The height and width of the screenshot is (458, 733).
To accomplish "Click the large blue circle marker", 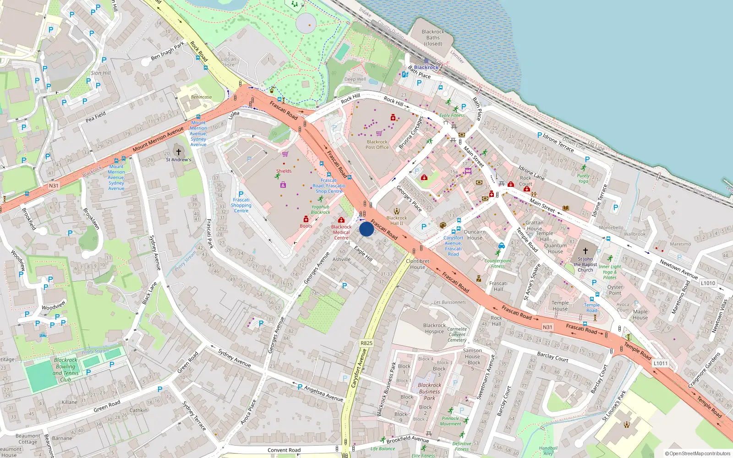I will tap(366, 229).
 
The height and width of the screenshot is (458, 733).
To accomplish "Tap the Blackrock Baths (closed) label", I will tap(433, 38).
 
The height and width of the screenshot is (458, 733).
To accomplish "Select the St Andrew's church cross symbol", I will tap(179, 152).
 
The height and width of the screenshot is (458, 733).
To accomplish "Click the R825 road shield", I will tap(366, 343).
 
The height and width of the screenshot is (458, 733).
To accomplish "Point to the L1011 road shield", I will tap(660, 363).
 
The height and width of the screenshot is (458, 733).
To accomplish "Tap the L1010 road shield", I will tap(708, 283).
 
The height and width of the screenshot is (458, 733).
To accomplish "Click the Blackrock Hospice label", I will tap(434, 328).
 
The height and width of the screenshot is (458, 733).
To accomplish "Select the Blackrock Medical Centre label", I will tap(341, 232).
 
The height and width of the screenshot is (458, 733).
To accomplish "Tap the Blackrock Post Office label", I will tap(377, 145).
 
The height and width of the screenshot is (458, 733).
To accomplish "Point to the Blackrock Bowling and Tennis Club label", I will tap(66, 370).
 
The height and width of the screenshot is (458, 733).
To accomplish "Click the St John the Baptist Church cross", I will tap(585, 251).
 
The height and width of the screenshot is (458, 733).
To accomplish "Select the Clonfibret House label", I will tap(417, 264).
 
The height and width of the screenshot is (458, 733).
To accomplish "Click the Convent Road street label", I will tap(284, 450).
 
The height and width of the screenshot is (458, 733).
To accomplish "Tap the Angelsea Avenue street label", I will tap(323, 393).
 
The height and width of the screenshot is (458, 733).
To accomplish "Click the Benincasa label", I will tap(201, 97).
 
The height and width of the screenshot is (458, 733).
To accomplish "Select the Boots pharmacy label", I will tap(306, 226).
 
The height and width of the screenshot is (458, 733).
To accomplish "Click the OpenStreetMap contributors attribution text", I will tap(698, 454).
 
